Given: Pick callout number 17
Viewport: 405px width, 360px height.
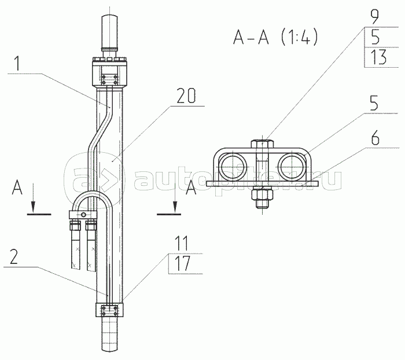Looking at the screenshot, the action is pyautogui.click(x=182, y=263).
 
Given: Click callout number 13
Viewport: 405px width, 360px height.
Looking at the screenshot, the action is pyautogui.click(x=378, y=57).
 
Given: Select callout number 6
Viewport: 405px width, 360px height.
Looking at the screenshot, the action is pyautogui.click(x=375, y=137).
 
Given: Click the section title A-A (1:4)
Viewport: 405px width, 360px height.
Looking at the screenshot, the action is pyautogui.click(x=275, y=38).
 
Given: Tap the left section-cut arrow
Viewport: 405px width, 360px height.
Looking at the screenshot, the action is pyautogui.click(x=33, y=198).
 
